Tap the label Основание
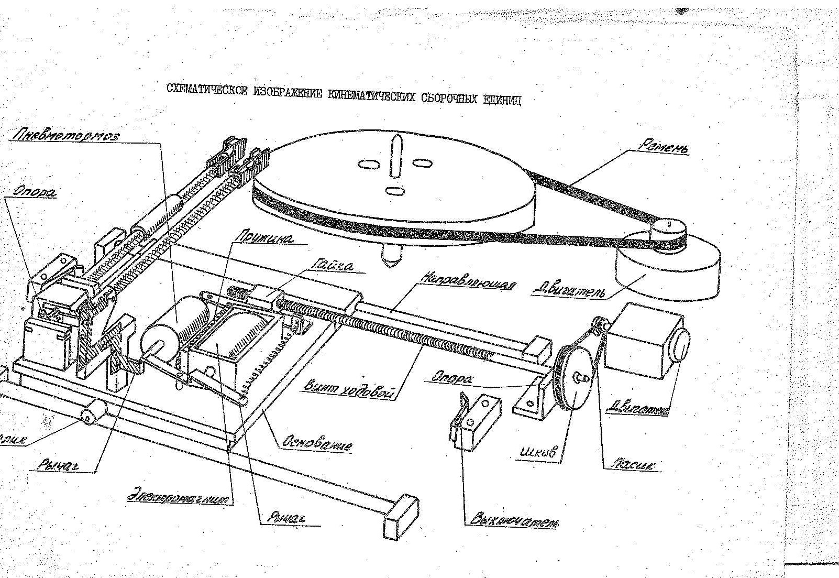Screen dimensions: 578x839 (x=316, y=443)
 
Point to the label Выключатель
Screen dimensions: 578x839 (x=514, y=519)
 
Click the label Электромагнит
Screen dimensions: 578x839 (x=180, y=496)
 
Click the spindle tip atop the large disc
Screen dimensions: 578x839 (x=396, y=143)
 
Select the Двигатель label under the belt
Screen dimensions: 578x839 (x=569, y=288)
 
